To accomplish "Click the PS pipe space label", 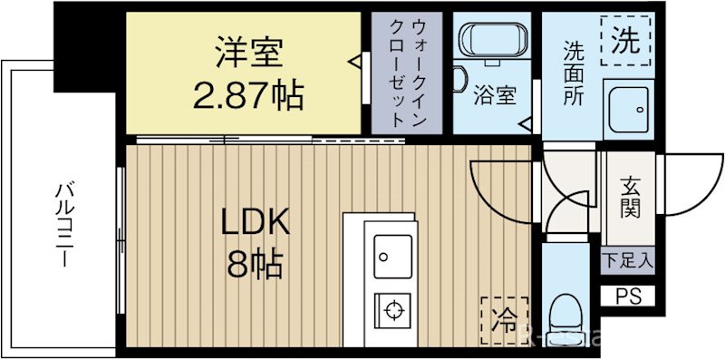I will (627, 295).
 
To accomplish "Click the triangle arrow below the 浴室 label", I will (524, 122).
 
